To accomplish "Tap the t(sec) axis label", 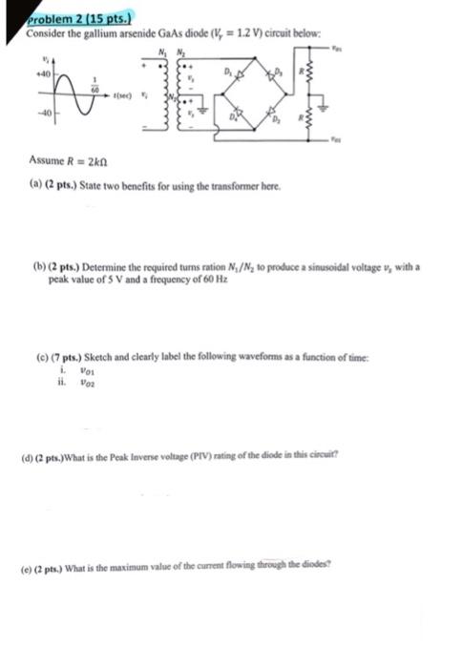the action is click(x=121, y=95).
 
